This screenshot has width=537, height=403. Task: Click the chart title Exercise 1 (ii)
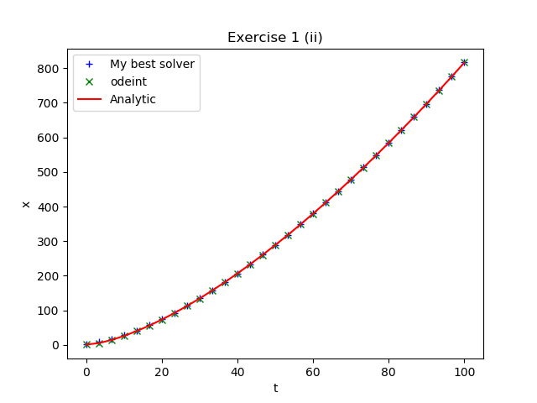click(x=275, y=37)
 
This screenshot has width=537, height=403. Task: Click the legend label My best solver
click(x=152, y=64)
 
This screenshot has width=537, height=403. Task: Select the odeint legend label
click(x=128, y=81)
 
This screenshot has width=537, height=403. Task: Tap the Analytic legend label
click(x=133, y=99)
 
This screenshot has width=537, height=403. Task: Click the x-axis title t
click(x=275, y=388)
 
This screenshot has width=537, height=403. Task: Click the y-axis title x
click(x=25, y=204)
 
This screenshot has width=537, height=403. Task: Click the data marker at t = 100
click(x=464, y=62)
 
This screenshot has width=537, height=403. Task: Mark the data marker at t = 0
click(x=86, y=344)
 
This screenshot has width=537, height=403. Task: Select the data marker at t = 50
click(x=275, y=245)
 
